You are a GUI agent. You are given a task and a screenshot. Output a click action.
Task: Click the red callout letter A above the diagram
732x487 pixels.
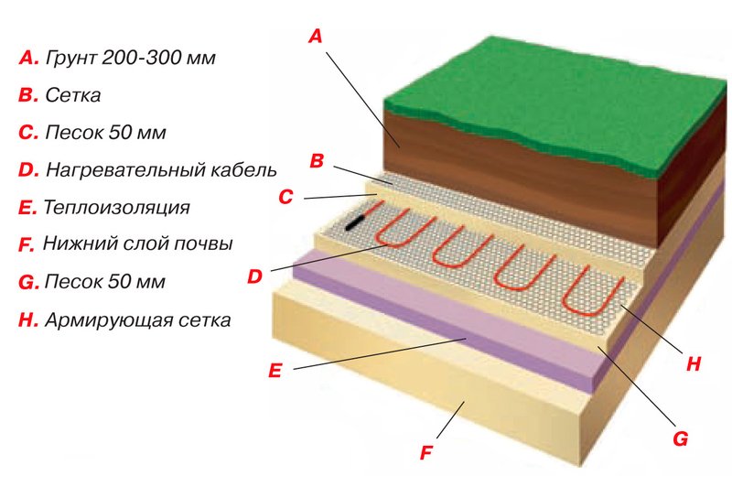pos(316,36)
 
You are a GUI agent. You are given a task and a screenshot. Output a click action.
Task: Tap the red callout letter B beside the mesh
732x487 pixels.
pos(317,160)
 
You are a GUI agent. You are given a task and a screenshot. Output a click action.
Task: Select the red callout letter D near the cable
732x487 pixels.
pos(254,276)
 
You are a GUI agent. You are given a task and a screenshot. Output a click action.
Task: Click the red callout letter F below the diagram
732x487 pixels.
pos(426,452)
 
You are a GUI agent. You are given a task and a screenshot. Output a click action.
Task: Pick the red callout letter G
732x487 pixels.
pos(680,438)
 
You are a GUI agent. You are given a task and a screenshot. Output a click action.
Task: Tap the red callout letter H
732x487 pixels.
pos(694,363)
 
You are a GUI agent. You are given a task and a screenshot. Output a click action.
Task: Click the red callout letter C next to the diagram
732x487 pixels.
pos(285,197)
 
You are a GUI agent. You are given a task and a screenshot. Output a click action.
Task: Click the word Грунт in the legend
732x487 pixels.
pos(71,59)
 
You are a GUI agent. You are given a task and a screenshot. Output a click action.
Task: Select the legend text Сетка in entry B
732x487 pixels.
pos(73,95)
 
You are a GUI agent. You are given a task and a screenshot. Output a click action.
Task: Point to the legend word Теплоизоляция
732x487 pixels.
pos(116,207)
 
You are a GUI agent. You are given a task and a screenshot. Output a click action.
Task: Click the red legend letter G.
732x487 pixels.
pos(28,283)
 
